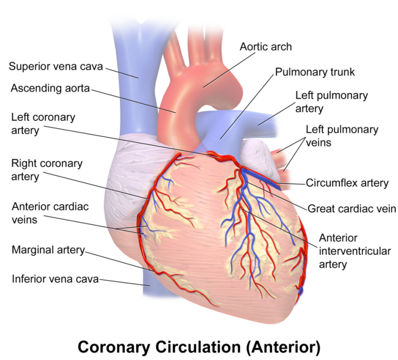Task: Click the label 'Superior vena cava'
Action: pos(56,67)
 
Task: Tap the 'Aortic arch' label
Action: pos(266,47)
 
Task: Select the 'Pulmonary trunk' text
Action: pos(315,72)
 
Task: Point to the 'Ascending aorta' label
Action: pos(50,89)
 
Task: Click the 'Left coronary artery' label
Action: pos(43,123)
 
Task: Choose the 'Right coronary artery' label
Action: pos(47,170)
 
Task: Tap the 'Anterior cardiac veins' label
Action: pos(50,213)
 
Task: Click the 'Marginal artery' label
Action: pos(48,250)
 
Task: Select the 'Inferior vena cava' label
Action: pos(55,279)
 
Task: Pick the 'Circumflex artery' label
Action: pos(347,183)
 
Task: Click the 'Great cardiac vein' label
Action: pos(352,209)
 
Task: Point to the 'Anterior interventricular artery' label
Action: pos(355,251)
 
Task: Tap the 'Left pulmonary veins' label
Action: pos(342,136)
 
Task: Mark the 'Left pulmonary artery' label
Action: pos(331,102)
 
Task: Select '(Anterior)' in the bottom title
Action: pos(283,347)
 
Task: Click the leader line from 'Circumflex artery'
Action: pos(291,183)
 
